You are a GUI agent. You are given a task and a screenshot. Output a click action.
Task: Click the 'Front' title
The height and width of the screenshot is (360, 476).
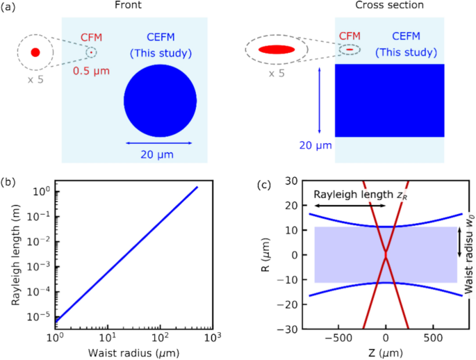(x=127, y=6)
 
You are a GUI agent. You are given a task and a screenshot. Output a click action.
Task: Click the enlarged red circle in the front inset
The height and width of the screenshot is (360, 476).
(x=35, y=52)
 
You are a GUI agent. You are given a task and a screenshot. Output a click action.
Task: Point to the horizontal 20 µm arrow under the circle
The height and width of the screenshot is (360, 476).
(x=159, y=143)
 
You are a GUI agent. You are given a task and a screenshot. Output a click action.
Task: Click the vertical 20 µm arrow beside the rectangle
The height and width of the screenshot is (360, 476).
(x=320, y=100)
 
